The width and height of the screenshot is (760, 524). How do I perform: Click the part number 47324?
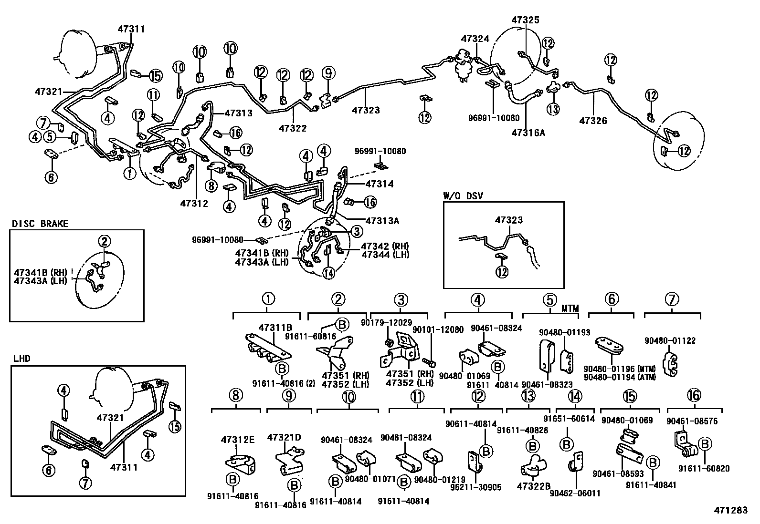475,38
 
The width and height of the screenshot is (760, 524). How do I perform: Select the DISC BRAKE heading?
40,224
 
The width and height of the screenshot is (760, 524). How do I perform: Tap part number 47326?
593,121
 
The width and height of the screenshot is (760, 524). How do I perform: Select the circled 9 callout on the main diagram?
328,73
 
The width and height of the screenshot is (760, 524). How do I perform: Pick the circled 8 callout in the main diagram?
211,185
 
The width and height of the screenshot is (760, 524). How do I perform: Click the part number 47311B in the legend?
275,328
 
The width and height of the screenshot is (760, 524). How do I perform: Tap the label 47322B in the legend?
533,486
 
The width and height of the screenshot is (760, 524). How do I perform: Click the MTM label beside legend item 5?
570,309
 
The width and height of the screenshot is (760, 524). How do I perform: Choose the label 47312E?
238,439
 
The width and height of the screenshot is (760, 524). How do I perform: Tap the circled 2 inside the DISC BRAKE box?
105,241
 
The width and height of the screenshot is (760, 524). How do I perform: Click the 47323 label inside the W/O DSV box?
508,220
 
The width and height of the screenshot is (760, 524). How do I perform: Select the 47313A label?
382,221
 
